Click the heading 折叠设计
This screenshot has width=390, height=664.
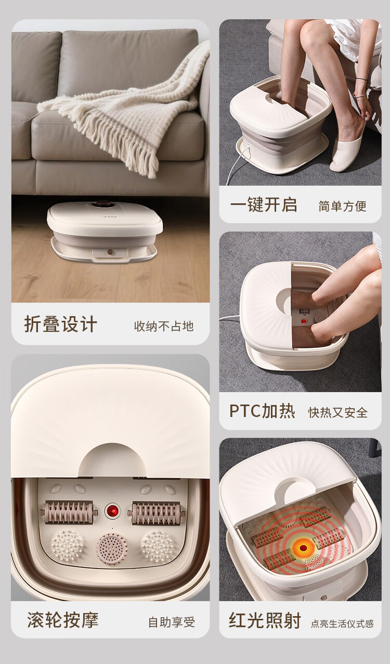[60, 324]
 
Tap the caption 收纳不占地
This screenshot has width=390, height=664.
[164, 326]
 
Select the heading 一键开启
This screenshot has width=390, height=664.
[264, 204]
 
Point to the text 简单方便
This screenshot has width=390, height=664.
[342, 206]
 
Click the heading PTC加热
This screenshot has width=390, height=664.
[262, 411]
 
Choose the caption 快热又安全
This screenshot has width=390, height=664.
[337, 412]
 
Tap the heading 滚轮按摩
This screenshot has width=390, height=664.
[62, 619]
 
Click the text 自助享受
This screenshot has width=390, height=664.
[172, 622]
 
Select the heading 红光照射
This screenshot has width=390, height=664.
[265, 620]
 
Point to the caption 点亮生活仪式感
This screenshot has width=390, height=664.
[342, 623]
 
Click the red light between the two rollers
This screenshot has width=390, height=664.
[112, 511]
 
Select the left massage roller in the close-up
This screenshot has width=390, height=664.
[69, 512]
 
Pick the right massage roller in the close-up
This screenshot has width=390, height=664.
[156, 513]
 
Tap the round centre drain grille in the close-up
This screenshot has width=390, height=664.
[112, 549]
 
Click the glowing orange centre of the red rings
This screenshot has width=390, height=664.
[303, 548]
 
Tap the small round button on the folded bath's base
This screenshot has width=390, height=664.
[110, 252]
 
